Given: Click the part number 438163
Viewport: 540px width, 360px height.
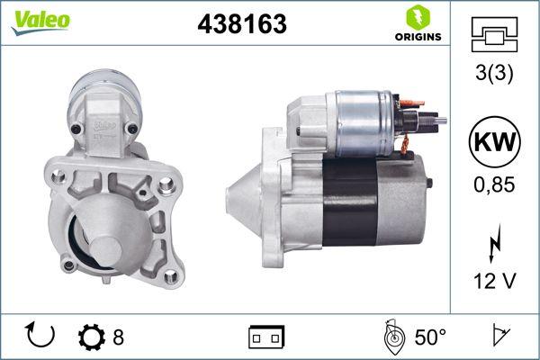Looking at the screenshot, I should (x=241, y=24).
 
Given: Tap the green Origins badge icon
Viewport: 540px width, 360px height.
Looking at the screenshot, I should (x=418, y=17).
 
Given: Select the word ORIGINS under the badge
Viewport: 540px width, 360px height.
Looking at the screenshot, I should (x=418, y=38).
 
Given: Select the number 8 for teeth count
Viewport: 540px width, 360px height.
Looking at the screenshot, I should (x=118, y=337).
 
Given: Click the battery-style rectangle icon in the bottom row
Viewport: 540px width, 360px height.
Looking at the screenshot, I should (x=265, y=337).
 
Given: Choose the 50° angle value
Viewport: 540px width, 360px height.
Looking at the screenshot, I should (x=430, y=337).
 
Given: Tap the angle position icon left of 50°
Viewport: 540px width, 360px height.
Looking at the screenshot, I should (x=392, y=337).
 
